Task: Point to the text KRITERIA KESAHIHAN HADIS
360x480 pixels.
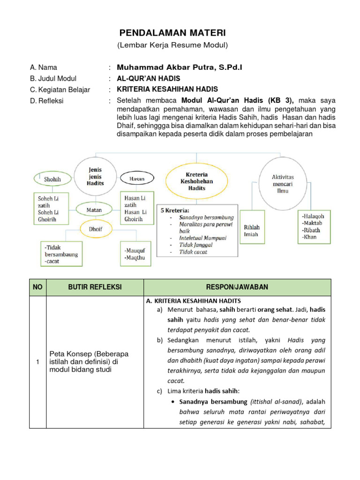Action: coord(167,90)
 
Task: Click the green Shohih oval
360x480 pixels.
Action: coord(52,179)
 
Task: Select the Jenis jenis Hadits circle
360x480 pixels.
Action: coord(95,176)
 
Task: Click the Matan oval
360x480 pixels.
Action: coord(94,210)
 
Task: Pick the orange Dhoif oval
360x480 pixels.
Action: coord(95,230)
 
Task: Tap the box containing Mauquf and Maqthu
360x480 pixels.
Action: coord(135,254)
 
